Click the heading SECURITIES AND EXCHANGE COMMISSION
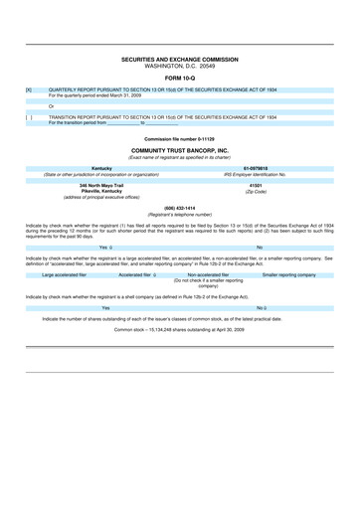[x=179, y=60]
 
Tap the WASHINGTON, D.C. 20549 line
[x=179, y=66]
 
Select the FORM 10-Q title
[x=179, y=79]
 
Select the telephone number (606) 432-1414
[x=179, y=208]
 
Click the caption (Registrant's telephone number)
[x=179, y=214]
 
